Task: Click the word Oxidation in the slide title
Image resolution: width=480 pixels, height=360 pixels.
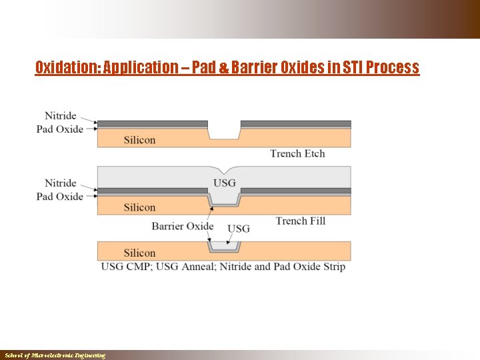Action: [x=64, y=67]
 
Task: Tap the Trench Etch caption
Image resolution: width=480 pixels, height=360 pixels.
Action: [x=297, y=153]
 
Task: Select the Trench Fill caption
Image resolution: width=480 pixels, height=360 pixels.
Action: [x=300, y=221]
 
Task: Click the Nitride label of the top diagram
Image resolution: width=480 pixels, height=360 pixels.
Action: [x=61, y=115]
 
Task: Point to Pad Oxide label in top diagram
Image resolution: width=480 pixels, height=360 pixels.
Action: [x=59, y=129]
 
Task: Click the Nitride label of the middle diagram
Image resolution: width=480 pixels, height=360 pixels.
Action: [x=61, y=183]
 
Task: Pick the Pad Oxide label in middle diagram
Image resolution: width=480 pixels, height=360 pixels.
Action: [x=59, y=196]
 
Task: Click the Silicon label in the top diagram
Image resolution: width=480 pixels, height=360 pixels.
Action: [x=139, y=140]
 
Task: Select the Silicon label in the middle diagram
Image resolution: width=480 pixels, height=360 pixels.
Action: [x=139, y=207]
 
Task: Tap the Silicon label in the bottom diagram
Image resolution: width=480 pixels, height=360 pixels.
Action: [x=139, y=253]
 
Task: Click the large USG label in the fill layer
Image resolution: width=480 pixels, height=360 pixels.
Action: [x=224, y=183]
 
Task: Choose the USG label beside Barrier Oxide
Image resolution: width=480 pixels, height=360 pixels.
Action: [x=239, y=229]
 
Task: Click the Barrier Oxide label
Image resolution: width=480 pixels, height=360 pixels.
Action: [x=183, y=226]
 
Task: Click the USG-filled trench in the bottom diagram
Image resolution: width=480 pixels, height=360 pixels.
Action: [x=224, y=246]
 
